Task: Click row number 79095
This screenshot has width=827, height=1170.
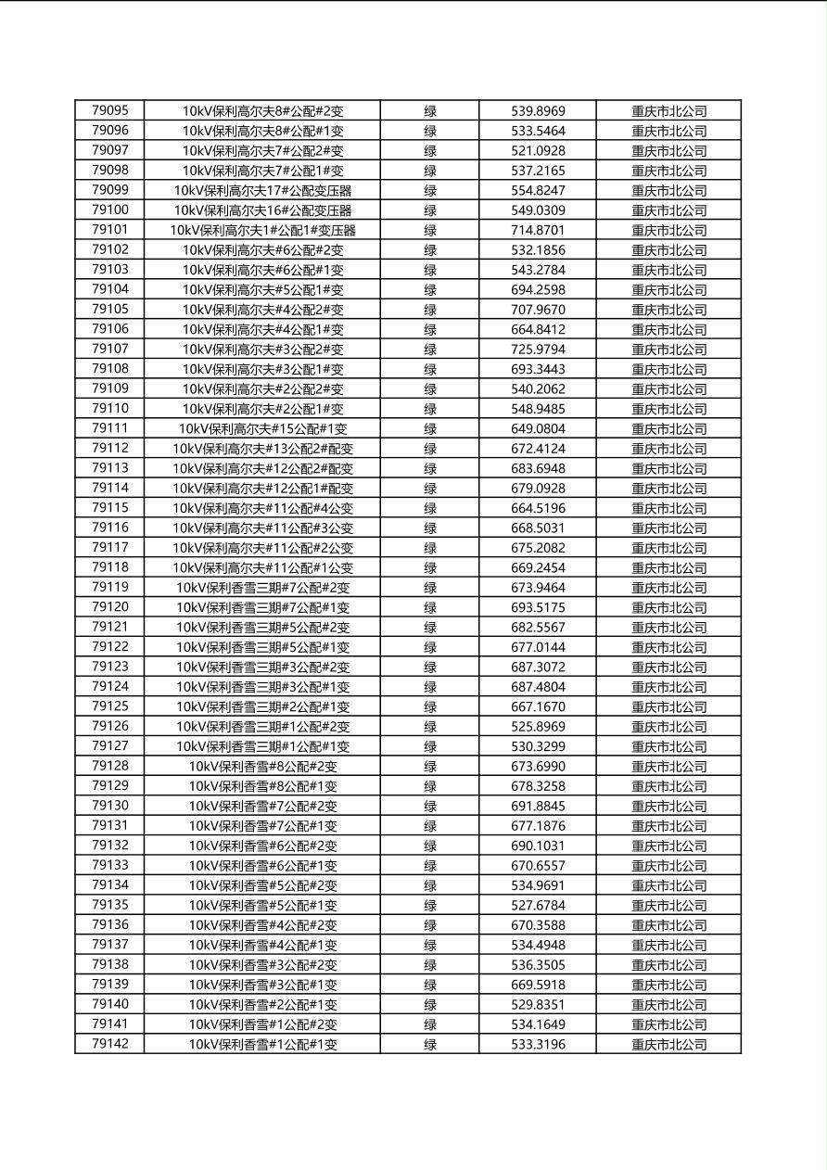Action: [x=110, y=110]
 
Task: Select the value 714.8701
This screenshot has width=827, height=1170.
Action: [x=538, y=230]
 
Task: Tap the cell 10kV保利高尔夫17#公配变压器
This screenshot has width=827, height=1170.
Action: [x=262, y=190]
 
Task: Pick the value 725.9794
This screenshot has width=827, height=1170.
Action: [x=538, y=350]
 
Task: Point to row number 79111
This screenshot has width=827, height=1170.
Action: [x=110, y=428]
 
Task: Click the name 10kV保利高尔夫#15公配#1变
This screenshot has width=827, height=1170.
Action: [x=262, y=429]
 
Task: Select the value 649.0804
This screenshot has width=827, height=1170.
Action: [x=538, y=429]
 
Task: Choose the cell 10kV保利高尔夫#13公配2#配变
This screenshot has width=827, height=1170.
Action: [x=262, y=449]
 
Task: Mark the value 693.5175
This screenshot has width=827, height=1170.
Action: [x=538, y=607]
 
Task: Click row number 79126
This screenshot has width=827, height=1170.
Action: [x=110, y=726]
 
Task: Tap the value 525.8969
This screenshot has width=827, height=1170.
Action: [x=538, y=727]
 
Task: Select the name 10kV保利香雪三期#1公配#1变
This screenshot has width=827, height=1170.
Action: [x=262, y=746]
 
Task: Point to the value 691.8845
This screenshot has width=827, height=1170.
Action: [x=538, y=806]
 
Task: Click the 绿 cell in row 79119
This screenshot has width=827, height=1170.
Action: [x=430, y=588]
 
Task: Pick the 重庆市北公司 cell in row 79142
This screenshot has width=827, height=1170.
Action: [x=668, y=1045]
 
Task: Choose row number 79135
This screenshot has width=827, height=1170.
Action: [x=110, y=905]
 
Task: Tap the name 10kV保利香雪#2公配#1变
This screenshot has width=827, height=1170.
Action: [x=262, y=1005]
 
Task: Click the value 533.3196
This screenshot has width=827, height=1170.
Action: [x=538, y=1045]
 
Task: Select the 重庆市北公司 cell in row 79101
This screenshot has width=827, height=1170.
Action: [x=668, y=230]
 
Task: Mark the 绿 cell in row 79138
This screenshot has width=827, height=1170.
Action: [x=430, y=965]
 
